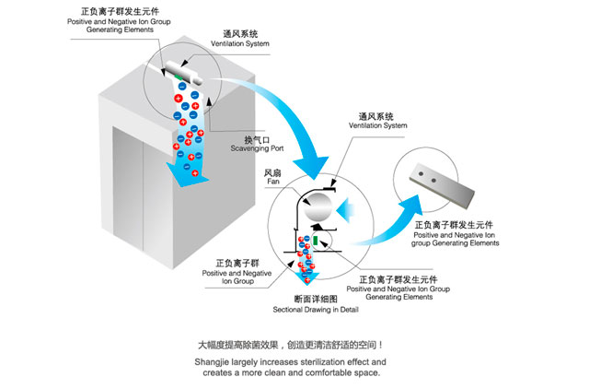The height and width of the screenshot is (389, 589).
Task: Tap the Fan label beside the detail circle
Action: click(x=272, y=182)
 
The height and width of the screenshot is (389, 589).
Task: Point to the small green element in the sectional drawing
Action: click(x=318, y=241)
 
